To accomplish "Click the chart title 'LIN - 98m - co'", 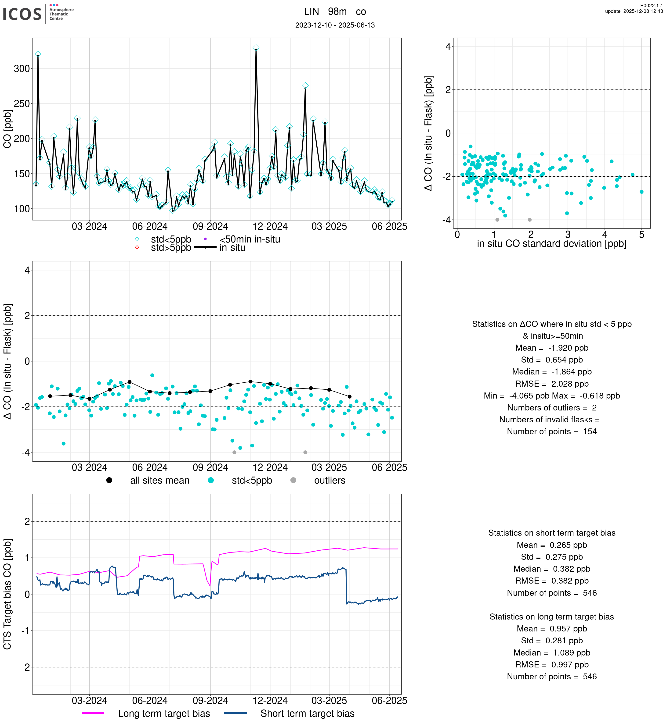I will pyautogui.click(x=335, y=12).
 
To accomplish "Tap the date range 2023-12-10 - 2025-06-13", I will pyautogui.click(x=335, y=25).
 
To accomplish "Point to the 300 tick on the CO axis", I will pyautogui.click(x=22, y=68).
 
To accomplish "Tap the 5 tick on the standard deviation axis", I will pyautogui.click(x=641, y=235).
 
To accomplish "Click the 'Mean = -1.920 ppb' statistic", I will pyautogui.click(x=551, y=348).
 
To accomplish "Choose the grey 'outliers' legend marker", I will pyautogui.click(x=293, y=480).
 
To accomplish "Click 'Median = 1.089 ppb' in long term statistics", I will pyautogui.click(x=551, y=653).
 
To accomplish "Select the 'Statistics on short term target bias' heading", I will pyautogui.click(x=551, y=533).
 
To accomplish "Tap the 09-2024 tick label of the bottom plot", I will pyautogui.click(x=210, y=701).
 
